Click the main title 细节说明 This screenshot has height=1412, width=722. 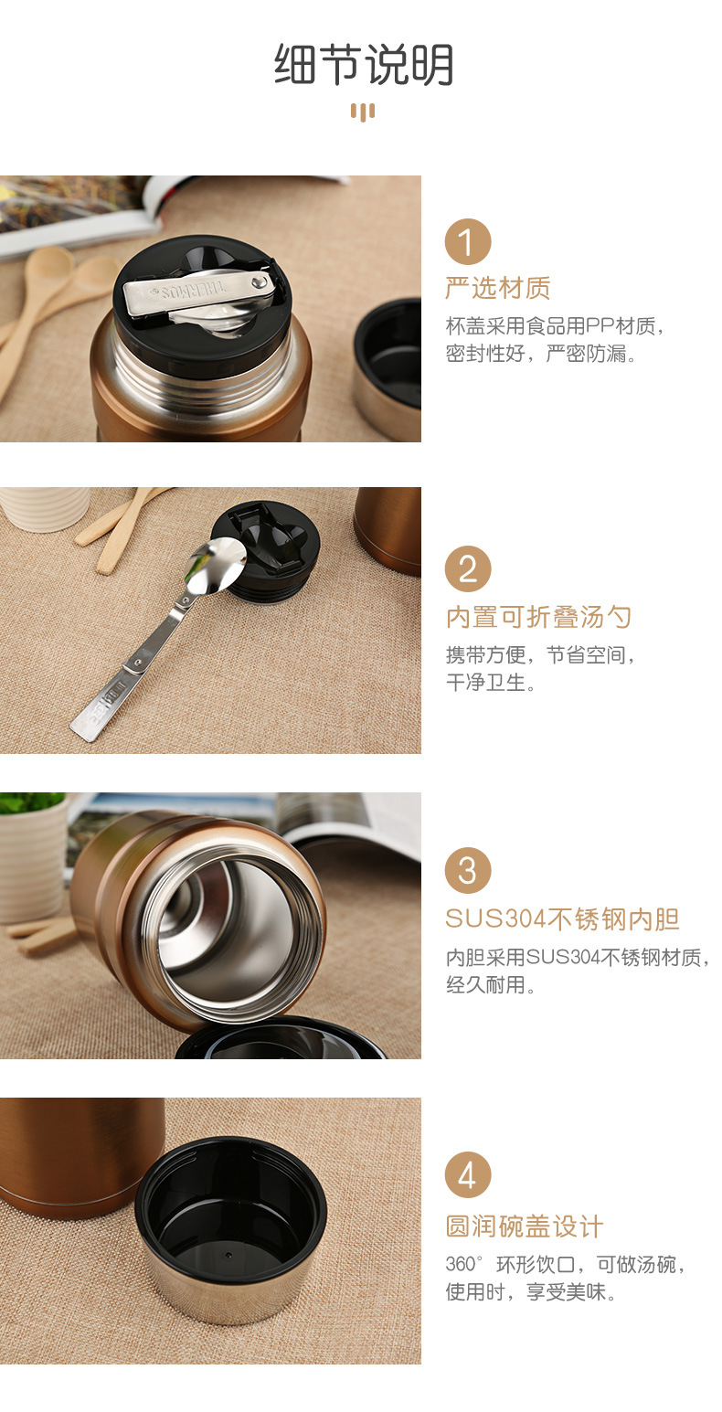click(364, 64)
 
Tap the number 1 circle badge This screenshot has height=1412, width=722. click(467, 241)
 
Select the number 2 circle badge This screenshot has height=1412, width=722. click(467, 568)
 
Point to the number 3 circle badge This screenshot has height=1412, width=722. click(467, 871)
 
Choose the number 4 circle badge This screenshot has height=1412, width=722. click(467, 1175)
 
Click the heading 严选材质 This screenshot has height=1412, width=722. click(497, 288)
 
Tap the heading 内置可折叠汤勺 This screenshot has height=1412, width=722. click(538, 617)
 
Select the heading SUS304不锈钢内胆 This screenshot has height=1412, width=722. click(562, 919)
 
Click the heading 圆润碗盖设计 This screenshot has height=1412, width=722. click(524, 1226)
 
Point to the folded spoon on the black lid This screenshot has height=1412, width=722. click(198, 293)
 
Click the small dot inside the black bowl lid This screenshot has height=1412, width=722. click(228, 1255)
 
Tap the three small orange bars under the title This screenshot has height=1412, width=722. click(363, 112)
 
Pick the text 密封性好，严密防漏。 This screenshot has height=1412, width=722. click(541, 354)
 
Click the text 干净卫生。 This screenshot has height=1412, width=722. click(491, 682)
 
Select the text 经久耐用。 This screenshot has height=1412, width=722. click(491, 984)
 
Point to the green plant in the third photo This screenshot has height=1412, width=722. click(30, 802)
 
